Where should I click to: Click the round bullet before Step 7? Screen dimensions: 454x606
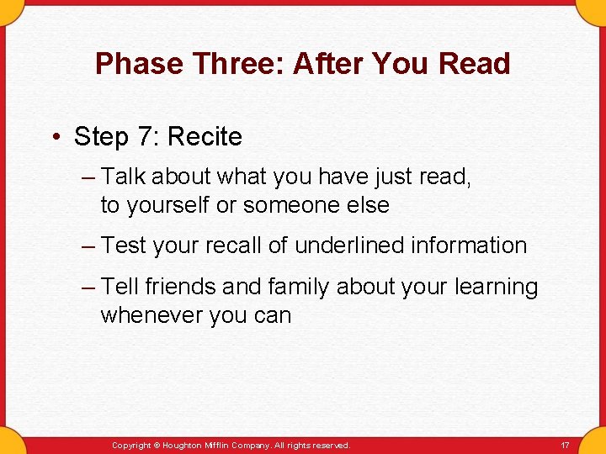coord(56,137)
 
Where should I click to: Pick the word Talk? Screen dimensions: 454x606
coord(124,177)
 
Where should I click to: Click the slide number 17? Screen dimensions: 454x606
coord(566,445)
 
